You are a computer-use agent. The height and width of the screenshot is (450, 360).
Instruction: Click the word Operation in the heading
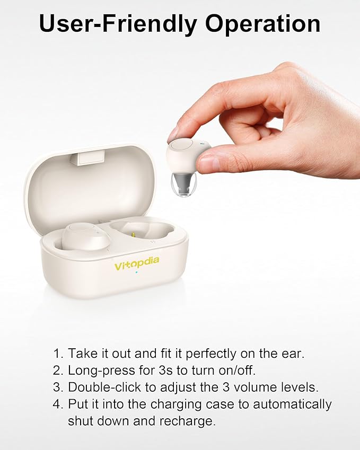263,24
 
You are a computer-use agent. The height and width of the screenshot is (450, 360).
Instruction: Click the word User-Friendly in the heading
119,24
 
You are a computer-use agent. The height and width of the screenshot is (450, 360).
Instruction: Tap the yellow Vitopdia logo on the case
136,263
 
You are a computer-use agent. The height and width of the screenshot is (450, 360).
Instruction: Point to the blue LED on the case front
137,273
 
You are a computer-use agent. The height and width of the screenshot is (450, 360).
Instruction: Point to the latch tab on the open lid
89,158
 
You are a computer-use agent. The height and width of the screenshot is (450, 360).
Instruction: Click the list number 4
58,404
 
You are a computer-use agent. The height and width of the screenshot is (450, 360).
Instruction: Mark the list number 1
57,354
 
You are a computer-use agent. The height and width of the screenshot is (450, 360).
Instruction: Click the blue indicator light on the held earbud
202,143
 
